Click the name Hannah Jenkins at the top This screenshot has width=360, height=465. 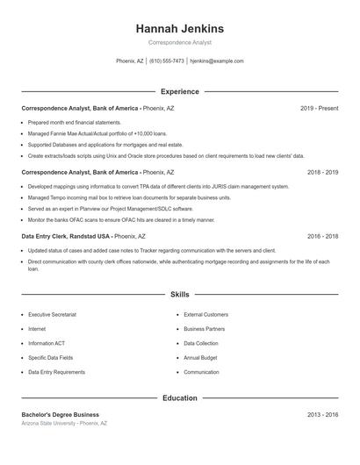coord(179,28)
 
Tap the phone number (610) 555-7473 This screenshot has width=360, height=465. coord(167,61)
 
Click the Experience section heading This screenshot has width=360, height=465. coord(179,91)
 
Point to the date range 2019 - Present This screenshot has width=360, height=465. coord(319,108)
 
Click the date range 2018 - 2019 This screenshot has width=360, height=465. coord(322,173)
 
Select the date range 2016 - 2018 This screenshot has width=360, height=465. coord(322,236)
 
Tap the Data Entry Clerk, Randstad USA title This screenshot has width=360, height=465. coord(66,236)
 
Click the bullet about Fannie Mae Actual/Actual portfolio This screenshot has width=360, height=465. coord(97,133)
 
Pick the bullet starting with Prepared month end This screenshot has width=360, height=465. coord(75,123)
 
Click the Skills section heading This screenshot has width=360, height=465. coord(179,295)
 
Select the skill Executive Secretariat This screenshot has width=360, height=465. coord(52,314)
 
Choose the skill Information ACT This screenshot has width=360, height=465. coord(47,343)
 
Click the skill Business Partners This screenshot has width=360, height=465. coord(205,329)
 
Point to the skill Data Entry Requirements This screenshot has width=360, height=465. coord(57,372)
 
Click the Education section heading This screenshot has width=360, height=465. coord(179,397)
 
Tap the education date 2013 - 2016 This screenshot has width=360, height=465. coord(322,414)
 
